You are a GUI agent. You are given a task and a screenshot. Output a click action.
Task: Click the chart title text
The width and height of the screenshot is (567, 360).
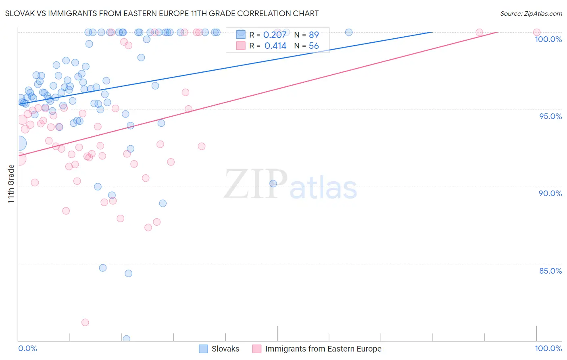click(x=162, y=13)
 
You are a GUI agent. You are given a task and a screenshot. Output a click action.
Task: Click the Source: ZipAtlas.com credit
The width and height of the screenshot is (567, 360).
click(x=531, y=14)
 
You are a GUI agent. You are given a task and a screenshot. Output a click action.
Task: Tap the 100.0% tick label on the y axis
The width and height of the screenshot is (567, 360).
click(x=548, y=39)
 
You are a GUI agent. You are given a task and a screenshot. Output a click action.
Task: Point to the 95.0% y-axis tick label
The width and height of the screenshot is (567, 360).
click(x=550, y=116)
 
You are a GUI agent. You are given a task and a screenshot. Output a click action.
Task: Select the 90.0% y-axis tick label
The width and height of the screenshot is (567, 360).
click(x=550, y=193)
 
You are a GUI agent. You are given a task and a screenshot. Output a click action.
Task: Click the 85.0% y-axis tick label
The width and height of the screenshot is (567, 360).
click(x=550, y=271)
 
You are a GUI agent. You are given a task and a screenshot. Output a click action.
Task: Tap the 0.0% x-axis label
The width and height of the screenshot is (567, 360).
click(x=27, y=348)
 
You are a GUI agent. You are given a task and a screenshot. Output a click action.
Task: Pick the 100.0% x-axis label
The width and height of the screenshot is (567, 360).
click(x=548, y=348)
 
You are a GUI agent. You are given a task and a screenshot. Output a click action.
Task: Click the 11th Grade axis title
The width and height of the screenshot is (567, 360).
click(x=11, y=184)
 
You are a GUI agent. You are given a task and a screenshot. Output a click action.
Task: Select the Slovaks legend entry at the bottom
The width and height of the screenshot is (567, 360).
click(x=219, y=349)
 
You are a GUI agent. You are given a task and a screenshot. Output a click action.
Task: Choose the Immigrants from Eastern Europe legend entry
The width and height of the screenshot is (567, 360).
click(x=317, y=349)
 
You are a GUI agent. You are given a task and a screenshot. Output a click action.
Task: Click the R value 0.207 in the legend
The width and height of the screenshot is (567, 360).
click(x=275, y=35)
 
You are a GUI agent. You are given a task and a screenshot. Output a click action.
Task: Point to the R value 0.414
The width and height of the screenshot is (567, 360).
click(x=275, y=46)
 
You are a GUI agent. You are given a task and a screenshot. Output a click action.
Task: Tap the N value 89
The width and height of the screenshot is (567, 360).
click(x=314, y=35)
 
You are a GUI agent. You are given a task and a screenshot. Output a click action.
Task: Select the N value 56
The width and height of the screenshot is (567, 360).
click(x=314, y=46)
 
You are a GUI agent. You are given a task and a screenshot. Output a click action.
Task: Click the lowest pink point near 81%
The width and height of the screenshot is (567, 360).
click(x=85, y=322)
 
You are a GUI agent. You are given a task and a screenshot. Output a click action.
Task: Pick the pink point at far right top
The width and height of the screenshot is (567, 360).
click(x=537, y=32)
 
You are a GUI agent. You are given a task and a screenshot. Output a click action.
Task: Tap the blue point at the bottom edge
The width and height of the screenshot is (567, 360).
click(x=126, y=339)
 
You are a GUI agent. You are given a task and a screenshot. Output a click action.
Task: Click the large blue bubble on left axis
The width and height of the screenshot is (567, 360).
click(x=19, y=143)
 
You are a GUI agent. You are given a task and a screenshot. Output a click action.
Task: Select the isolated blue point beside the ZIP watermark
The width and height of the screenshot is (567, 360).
click(x=273, y=184)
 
